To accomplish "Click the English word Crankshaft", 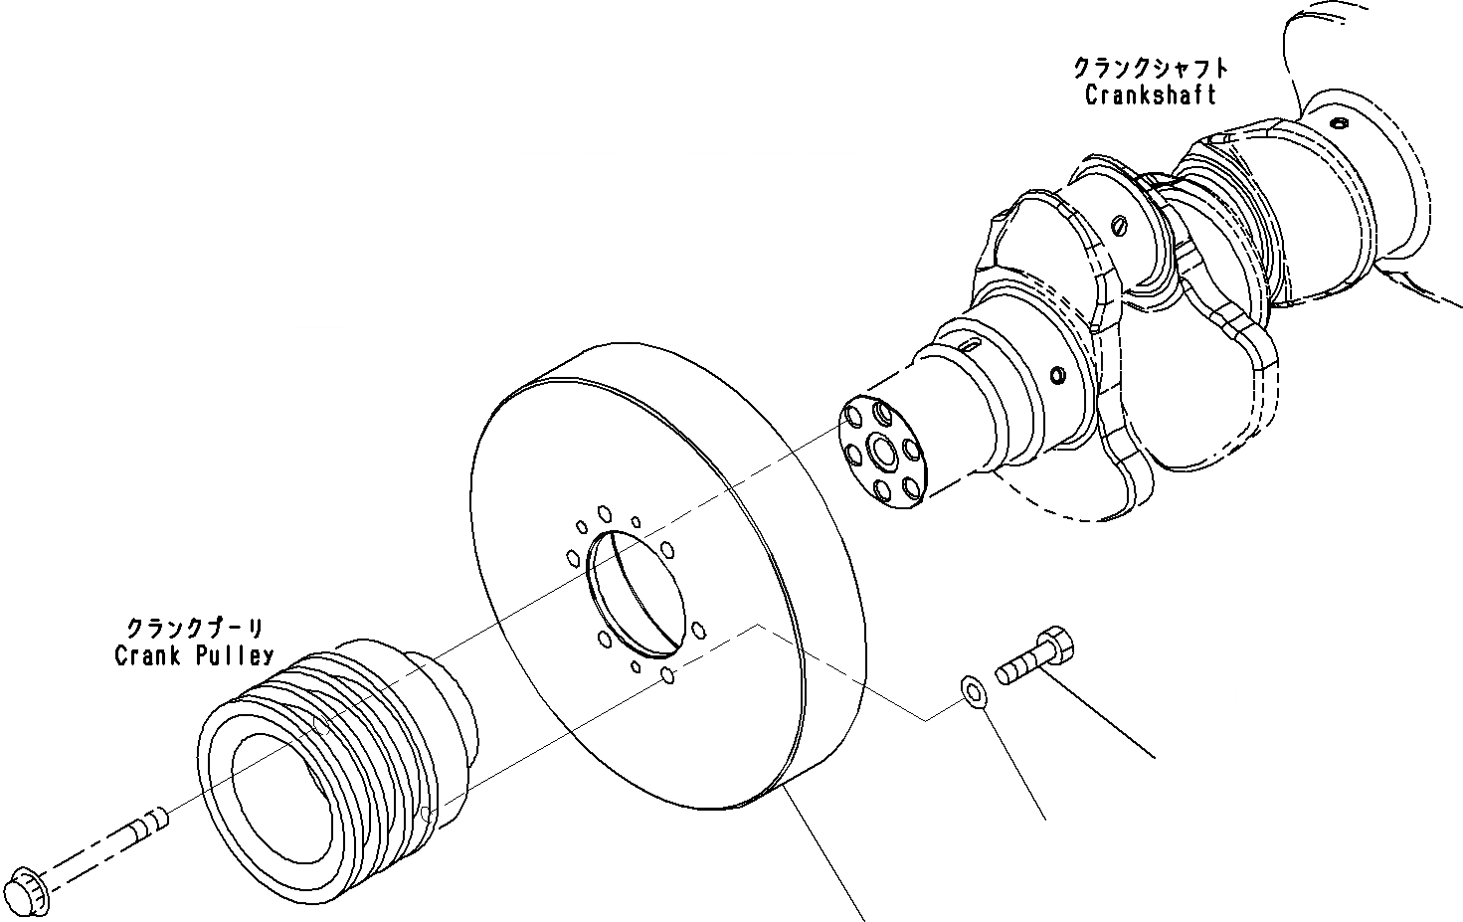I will tap(1150, 95).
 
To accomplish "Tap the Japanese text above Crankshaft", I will tap(1150, 69).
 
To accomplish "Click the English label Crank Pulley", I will tap(194, 656).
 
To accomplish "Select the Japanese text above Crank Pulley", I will tap(194, 629).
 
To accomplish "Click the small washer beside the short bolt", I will tap(972, 691).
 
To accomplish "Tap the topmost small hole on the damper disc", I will tap(604, 513).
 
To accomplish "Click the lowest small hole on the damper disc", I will tap(668, 676).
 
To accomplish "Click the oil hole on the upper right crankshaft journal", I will tap(1340, 123).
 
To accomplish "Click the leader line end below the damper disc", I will tap(861, 917).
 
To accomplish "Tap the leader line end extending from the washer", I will tap(1045, 820).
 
